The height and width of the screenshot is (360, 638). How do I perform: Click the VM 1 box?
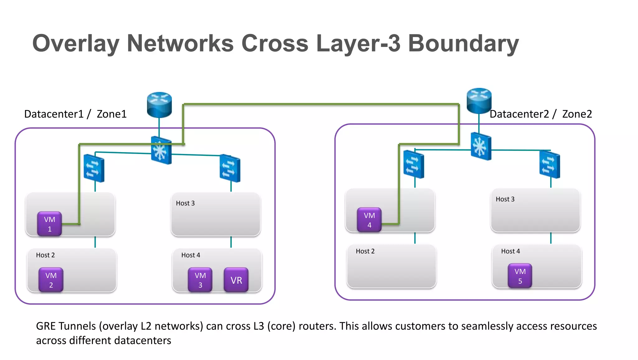(50, 224)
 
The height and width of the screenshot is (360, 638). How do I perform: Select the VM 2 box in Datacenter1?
(51, 280)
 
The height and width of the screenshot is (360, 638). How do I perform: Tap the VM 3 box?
(200, 280)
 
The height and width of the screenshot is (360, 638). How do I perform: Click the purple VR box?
(236, 280)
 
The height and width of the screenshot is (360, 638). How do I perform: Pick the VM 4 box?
(369, 220)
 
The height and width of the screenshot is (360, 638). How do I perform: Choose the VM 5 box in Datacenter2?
(520, 276)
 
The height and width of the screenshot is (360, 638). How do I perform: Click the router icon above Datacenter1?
(159, 104)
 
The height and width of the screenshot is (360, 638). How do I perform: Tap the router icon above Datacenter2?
(479, 100)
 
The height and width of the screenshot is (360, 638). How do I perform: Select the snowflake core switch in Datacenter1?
(161, 150)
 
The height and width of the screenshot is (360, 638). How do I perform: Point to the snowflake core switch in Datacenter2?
(481, 146)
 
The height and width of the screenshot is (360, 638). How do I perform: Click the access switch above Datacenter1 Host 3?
(230, 168)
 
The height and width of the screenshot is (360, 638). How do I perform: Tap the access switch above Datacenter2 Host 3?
(550, 165)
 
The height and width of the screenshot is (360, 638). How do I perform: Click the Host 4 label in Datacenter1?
(191, 255)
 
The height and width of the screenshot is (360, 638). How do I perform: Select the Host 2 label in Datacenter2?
(365, 251)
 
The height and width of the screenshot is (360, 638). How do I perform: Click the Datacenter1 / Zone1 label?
(75, 114)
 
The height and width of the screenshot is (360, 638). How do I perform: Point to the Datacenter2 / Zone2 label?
(540, 114)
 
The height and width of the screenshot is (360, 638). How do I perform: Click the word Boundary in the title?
(463, 44)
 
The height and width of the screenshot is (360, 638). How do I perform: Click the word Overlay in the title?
(76, 44)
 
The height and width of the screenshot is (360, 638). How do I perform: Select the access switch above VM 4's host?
(413, 164)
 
